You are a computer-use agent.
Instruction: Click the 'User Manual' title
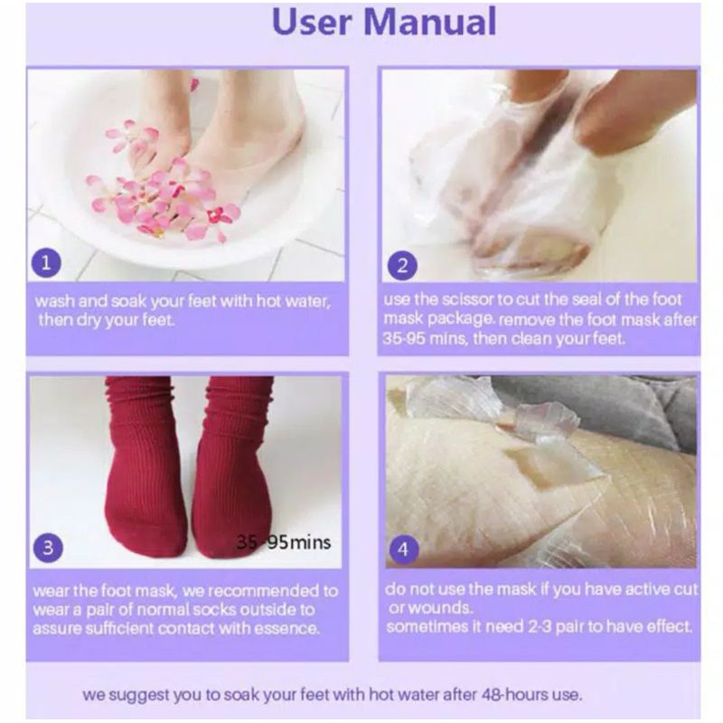[x=384, y=23]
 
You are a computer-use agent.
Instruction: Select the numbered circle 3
[x=48, y=547]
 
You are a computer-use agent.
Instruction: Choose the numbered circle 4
[x=403, y=548]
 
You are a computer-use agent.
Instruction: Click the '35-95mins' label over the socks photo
[x=284, y=542]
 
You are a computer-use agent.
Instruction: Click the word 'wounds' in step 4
[x=444, y=607]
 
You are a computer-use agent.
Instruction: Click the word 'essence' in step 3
[x=290, y=628]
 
